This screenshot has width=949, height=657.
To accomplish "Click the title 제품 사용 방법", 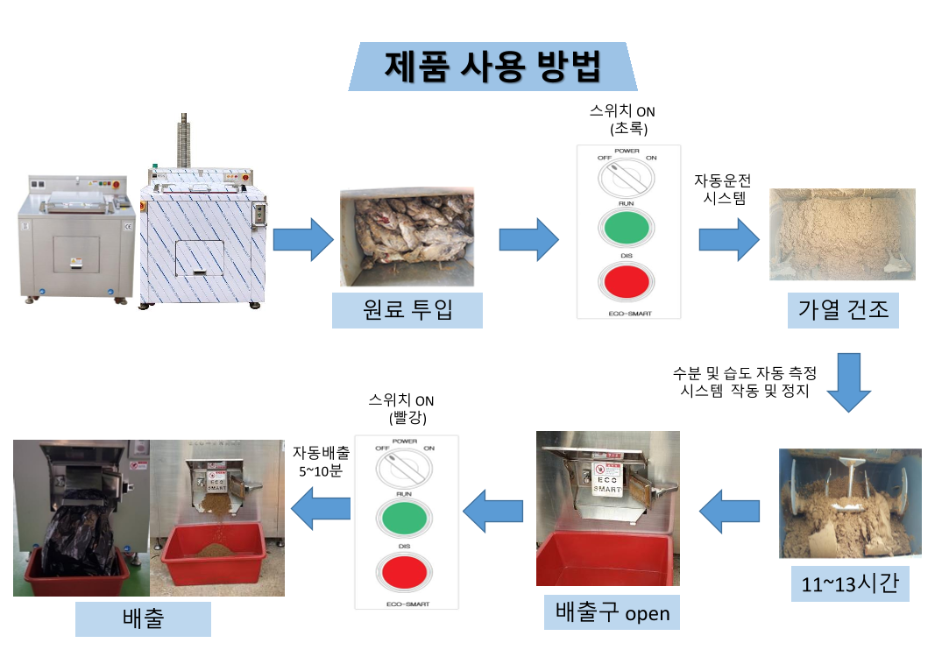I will click(492, 67).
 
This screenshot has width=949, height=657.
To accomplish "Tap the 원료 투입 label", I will click(407, 309).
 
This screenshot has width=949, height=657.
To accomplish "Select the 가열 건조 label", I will click(842, 309).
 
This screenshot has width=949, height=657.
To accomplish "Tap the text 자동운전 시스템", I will click(722, 188).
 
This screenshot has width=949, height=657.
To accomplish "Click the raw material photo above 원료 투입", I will click(407, 237).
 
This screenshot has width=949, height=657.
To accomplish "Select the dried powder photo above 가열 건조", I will click(841, 235).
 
